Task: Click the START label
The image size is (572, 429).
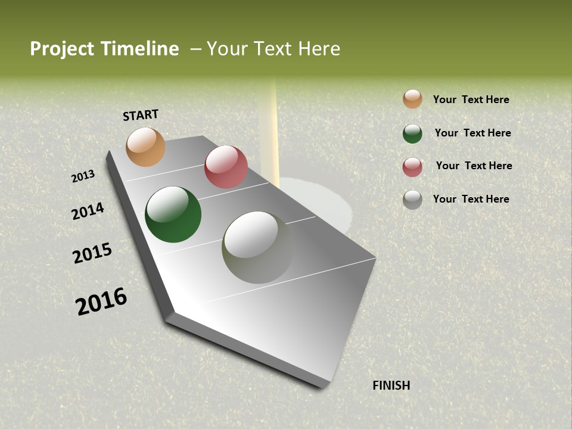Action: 141,115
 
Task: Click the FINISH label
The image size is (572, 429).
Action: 391,386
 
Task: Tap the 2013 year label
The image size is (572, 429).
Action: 83,176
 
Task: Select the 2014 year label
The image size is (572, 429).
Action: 88,212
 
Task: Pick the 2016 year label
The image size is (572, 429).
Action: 101,301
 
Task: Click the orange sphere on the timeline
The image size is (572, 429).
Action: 145,147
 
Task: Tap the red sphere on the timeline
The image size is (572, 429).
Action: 226,167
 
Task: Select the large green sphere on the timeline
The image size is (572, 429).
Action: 173,214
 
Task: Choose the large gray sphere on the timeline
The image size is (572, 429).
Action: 258,247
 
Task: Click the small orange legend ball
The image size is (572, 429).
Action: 412,99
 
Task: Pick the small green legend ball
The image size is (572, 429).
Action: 412,133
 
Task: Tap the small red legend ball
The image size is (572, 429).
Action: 412,167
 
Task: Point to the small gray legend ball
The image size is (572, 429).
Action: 412,200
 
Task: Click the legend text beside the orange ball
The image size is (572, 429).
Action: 471,100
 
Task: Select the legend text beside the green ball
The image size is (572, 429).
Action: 472,133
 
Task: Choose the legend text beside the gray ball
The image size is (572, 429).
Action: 471,199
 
